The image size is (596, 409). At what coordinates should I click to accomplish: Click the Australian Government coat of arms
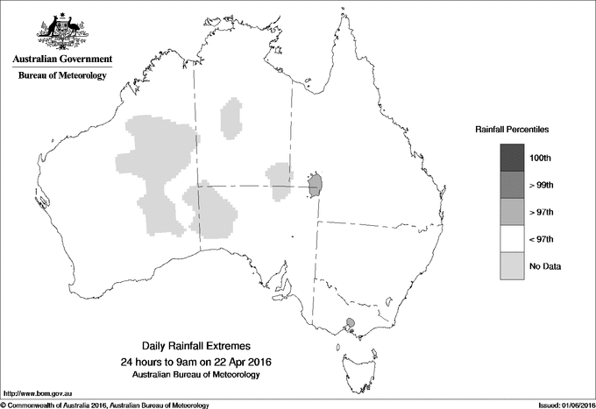coord(61,32)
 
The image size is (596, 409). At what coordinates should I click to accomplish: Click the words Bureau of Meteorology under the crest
coord(62,76)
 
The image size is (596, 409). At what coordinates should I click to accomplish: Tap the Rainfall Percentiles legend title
coord(512,130)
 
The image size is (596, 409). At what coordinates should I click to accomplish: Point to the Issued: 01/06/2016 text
coord(558,404)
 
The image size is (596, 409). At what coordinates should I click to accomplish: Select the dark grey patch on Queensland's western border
coord(317,184)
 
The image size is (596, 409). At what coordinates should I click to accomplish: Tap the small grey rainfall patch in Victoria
coord(351,323)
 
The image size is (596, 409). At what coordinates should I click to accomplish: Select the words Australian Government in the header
coord(62,60)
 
